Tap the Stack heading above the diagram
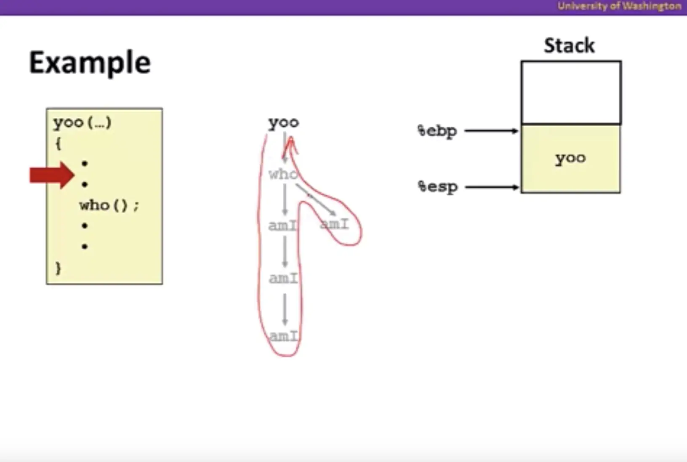[x=569, y=45]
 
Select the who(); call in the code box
[x=109, y=205]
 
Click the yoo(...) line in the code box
[x=82, y=122]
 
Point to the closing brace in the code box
[x=58, y=268]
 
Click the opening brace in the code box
[x=58, y=144]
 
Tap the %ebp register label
[x=437, y=131]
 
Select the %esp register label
[x=437, y=187]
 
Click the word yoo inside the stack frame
[x=570, y=158]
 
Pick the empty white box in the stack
[x=571, y=93]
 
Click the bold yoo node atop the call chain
[x=284, y=122]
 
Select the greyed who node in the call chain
[x=283, y=174]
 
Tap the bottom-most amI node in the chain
[x=284, y=336]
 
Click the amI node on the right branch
[x=335, y=224]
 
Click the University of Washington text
[x=619, y=6]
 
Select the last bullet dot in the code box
[x=85, y=246]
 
